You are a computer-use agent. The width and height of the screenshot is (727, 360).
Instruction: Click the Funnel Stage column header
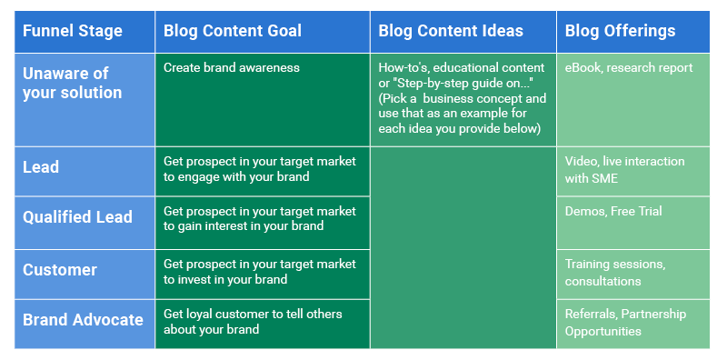point(72,31)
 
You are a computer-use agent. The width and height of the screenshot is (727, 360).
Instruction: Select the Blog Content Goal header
point(233,31)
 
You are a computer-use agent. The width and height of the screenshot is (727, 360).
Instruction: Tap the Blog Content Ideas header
point(451,31)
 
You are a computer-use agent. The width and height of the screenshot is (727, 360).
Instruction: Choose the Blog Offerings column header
point(620,31)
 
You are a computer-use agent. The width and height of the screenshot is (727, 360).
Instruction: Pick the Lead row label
point(41,167)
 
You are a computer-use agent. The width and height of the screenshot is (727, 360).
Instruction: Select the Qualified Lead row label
point(77,217)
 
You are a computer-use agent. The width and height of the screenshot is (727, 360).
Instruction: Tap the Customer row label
point(60,270)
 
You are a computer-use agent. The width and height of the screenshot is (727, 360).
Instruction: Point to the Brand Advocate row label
point(83,320)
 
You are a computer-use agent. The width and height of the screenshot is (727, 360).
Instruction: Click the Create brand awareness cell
point(231,68)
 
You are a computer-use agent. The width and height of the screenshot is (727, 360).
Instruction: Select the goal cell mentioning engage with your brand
point(260,168)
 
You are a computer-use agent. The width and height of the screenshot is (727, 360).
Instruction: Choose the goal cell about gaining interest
point(260,219)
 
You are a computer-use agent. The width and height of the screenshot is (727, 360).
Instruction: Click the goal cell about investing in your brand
point(260,272)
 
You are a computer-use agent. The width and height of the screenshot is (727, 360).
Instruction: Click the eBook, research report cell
point(629,68)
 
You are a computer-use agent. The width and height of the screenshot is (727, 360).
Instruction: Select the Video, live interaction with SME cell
point(625,168)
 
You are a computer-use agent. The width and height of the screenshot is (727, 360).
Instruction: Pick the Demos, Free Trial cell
point(613,212)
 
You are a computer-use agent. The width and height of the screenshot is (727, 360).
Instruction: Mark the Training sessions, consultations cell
point(615,272)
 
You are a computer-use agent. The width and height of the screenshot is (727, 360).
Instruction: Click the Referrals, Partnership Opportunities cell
point(625,322)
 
